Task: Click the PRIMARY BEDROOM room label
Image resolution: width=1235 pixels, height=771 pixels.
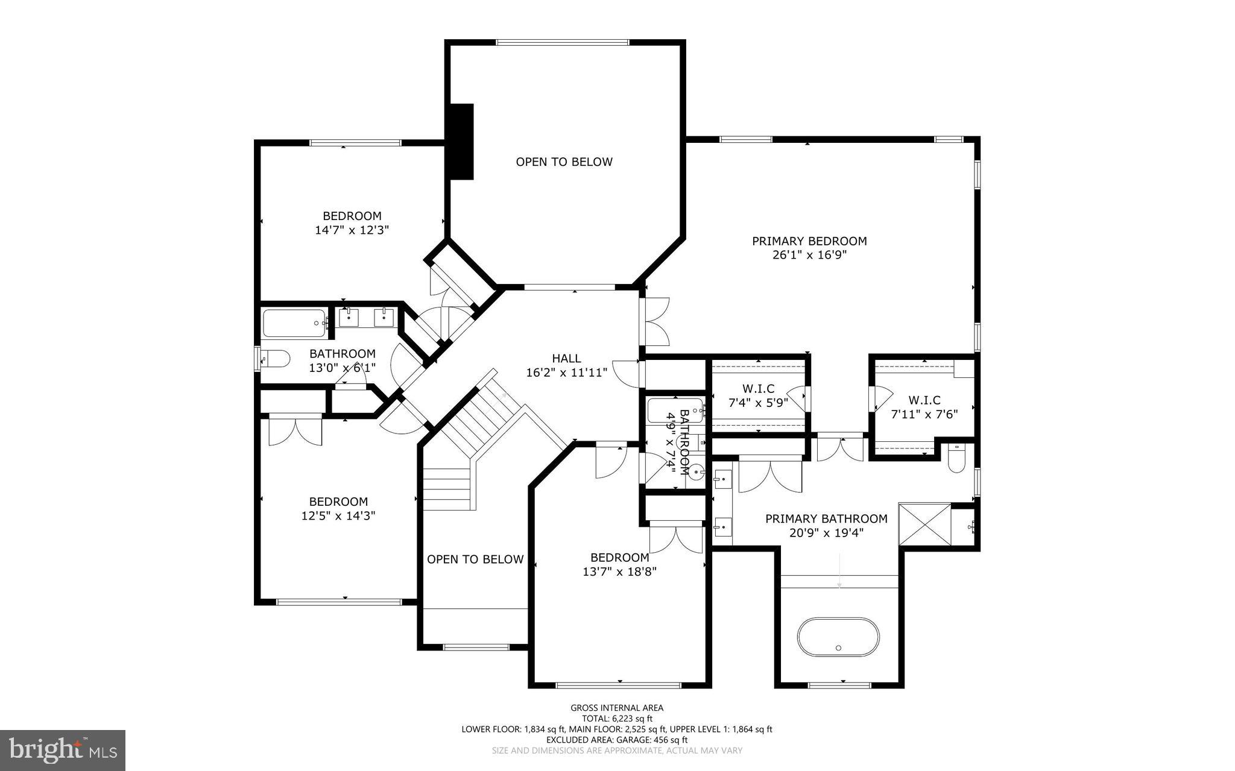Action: [809, 241]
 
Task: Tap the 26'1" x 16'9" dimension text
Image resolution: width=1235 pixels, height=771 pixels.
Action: [809, 255]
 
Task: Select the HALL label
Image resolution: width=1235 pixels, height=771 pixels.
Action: [566, 358]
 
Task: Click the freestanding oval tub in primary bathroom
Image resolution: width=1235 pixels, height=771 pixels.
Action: [838, 637]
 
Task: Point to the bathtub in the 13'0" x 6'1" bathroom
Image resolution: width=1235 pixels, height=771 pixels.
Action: [294, 323]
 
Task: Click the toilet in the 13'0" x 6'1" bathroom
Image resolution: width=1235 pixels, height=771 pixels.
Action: [274, 359]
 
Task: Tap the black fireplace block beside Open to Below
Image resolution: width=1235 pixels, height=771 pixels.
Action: [462, 141]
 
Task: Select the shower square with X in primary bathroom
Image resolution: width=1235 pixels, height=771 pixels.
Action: [925, 524]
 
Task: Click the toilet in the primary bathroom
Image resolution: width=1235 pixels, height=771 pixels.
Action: [956, 458]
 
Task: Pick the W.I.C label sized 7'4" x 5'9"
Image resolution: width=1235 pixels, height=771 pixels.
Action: [758, 389]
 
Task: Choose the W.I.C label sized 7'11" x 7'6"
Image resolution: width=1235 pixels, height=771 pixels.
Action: [924, 400]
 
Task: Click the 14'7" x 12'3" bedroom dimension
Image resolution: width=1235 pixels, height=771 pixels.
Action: [352, 230]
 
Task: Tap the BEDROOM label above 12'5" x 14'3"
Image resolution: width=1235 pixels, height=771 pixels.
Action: [338, 502]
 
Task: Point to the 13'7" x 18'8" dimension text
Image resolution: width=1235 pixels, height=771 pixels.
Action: [619, 571]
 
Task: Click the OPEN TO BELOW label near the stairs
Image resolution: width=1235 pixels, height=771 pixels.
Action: [475, 559]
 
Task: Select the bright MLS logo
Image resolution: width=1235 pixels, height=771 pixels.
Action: [63, 750]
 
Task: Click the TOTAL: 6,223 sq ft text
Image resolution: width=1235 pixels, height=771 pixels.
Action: [617, 719]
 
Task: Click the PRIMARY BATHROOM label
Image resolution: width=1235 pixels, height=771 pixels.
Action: [826, 519]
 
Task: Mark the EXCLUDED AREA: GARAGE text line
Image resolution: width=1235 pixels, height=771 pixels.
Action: [617, 740]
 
